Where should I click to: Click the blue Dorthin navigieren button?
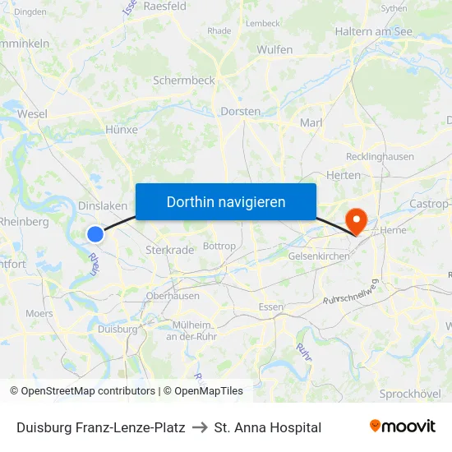(x=226, y=201)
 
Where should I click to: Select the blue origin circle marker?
(x=95, y=233)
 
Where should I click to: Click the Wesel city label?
(x=32, y=114)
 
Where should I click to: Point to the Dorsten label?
(x=241, y=111)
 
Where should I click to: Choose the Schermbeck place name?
(x=183, y=81)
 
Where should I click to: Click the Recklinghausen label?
(x=381, y=156)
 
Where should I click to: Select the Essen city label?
(x=270, y=307)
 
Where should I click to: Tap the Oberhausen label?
(x=173, y=296)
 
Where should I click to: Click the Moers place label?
(x=39, y=313)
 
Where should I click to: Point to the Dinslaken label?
(x=102, y=206)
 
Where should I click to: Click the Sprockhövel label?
(x=410, y=394)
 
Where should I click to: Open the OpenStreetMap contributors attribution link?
(x=88, y=391)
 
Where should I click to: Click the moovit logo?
(x=402, y=427)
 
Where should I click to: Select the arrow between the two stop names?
(x=200, y=427)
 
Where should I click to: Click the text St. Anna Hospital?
(x=267, y=427)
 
